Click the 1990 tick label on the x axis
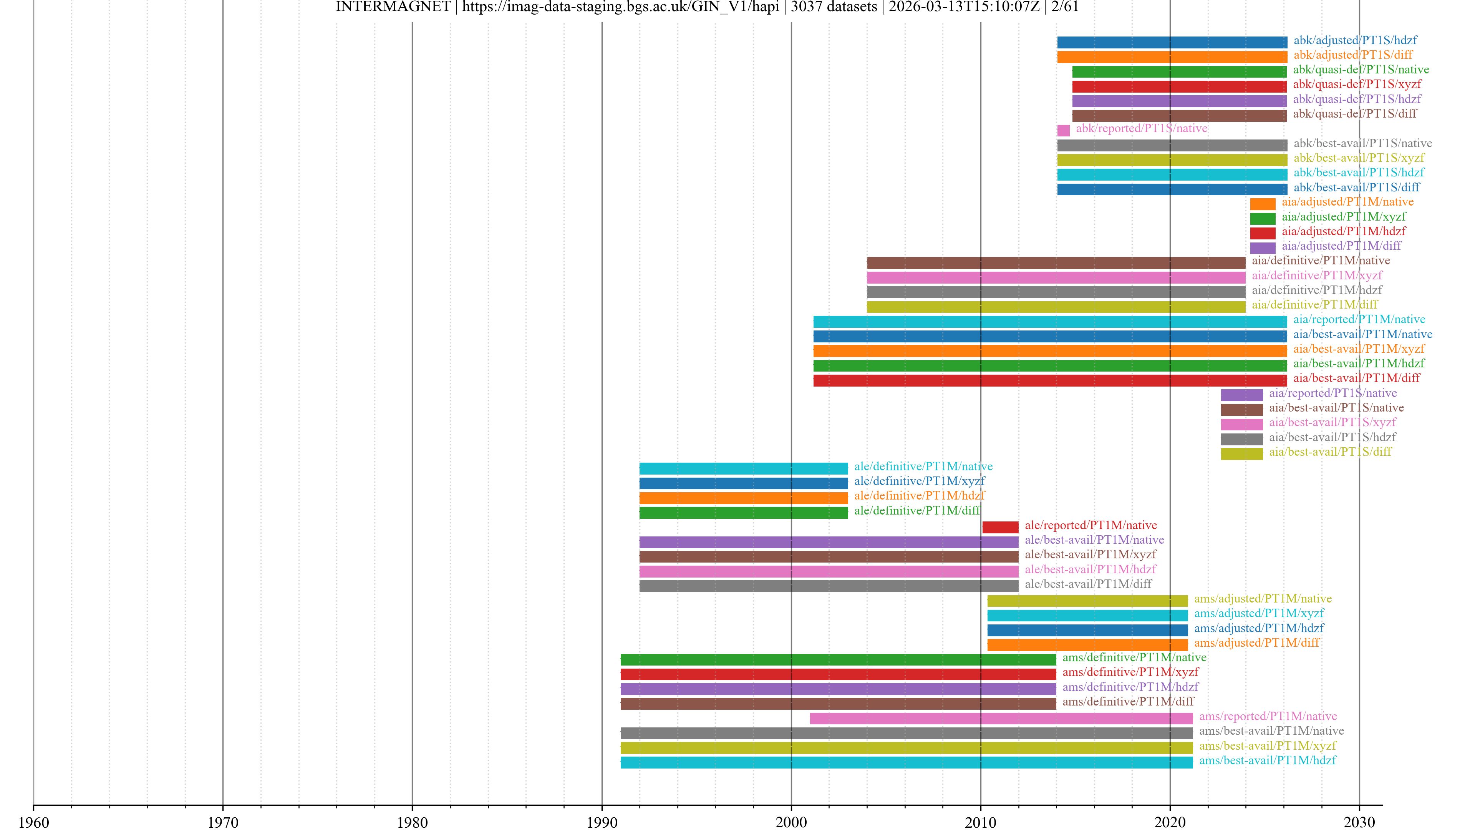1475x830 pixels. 602,822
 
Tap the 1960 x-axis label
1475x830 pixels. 34,822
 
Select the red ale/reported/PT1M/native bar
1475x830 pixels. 1000,527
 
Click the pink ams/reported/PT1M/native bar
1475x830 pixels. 1001,718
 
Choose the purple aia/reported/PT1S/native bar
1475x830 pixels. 1241,395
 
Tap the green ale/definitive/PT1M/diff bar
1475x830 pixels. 743,512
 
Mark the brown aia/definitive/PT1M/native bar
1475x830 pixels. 1055,262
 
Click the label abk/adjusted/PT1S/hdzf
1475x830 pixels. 1355,40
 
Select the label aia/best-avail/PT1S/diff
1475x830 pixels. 1329,452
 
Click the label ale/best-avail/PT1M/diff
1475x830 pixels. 1088,584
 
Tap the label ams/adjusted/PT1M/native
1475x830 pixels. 1263,599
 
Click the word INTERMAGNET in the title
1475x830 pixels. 393,7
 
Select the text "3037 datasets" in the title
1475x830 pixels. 834,7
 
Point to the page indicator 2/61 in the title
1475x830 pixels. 1065,7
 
